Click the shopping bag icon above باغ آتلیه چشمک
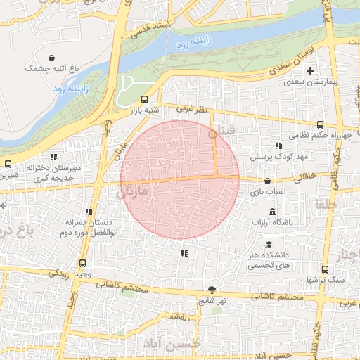(x=52, y=58)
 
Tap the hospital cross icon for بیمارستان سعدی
(x=310, y=70)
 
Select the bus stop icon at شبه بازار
(x=145, y=99)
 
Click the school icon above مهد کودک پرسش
(x=278, y=145)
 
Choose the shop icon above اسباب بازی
(x=267, y=181)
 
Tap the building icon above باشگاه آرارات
(x=272, y=212)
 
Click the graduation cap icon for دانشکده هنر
(x=268, y=244)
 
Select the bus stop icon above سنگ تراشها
(x=324, y=269)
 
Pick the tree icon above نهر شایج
(x=212, y=290)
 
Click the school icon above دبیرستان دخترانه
(x=53, y=157)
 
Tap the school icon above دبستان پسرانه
(x=89, y=212)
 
